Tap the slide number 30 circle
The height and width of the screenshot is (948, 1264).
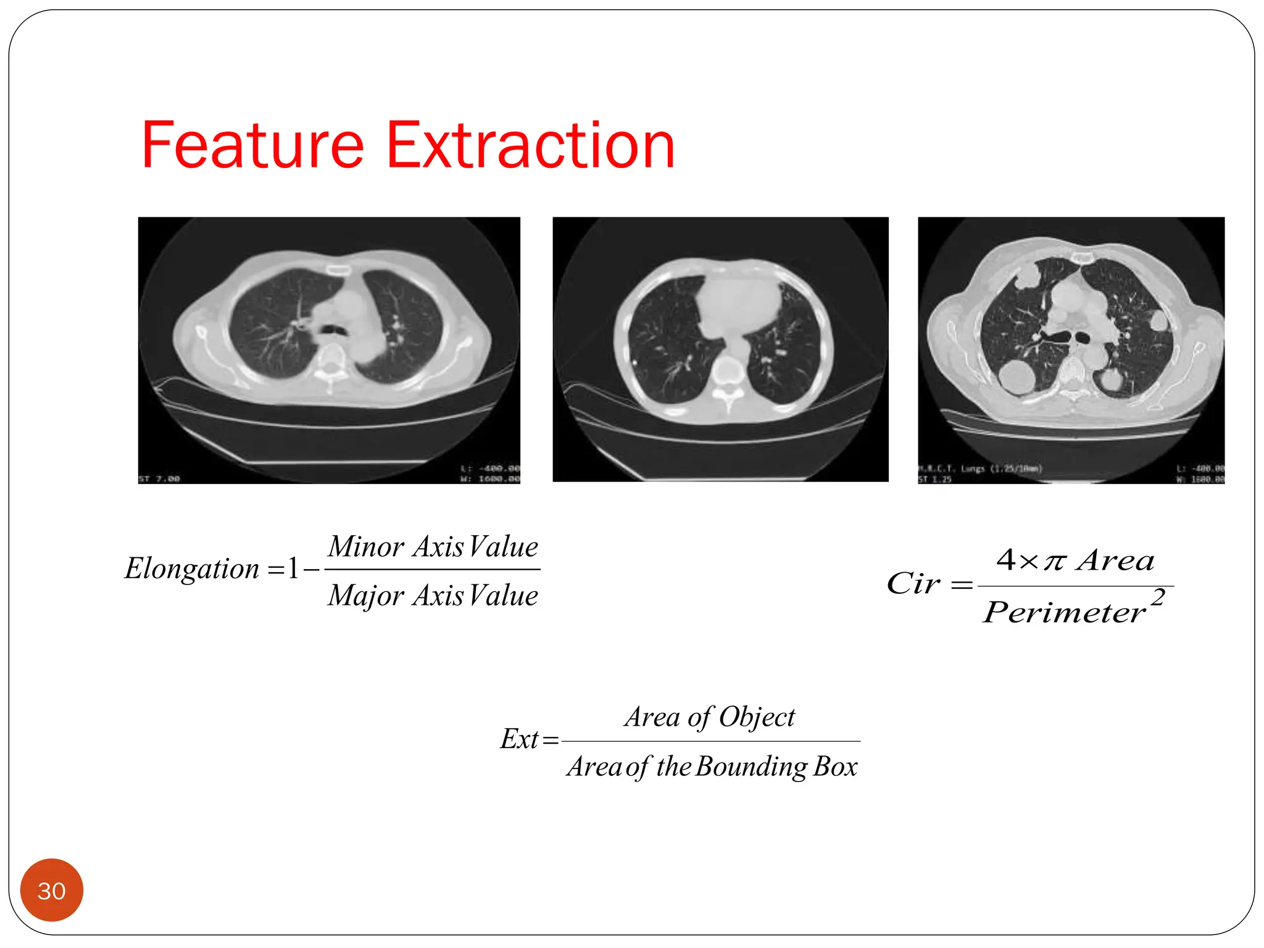click(52, 891)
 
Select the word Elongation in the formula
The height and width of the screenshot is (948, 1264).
click(192, 568)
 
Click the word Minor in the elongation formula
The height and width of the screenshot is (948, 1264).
click(366, 547)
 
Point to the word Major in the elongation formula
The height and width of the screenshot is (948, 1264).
click(366, 596)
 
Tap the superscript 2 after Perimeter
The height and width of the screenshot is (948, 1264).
click(1158, 597)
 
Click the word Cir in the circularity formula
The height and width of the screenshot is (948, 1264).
click(913, 583)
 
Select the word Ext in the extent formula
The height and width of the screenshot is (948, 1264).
click(520, 739)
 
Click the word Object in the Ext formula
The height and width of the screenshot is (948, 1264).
click(757, 717)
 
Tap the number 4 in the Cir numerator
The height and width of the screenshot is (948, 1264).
click(1006, 560)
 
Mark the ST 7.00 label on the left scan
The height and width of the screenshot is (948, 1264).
click(159, 479)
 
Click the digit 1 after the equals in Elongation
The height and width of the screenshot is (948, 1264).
click(293, 568)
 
